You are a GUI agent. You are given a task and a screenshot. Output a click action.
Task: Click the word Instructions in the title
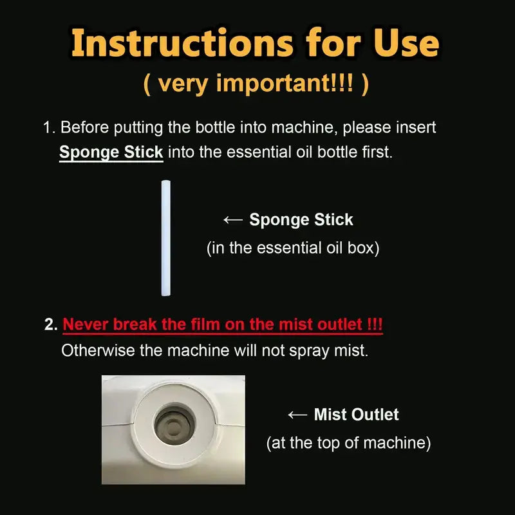tap(182, 42)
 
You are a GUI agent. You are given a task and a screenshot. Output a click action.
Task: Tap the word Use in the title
tap(406, 42)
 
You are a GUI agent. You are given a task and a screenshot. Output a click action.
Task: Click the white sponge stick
tap(166, 238)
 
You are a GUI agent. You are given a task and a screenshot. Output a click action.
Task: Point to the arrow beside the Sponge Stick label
tap(233, 220)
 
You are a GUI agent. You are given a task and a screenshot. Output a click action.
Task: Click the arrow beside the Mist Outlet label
tap(297, 415)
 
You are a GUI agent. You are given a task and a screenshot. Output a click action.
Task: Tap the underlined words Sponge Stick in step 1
tap(111, 153)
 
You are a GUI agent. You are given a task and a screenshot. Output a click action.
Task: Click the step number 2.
tap(51, 324)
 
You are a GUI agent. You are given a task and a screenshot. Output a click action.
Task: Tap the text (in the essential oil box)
tap(293, 248)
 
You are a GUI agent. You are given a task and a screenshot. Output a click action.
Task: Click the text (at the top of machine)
tap(348, 443)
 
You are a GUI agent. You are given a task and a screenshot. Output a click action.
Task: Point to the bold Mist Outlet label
tap(357, 415)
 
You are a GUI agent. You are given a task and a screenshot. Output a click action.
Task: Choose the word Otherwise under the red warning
tap(98, 350)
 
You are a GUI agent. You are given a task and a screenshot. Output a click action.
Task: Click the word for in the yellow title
tap(333, 42)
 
